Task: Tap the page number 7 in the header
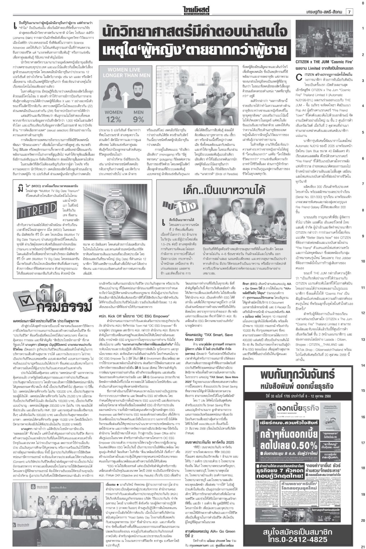[349, 12]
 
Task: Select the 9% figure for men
[139, 119]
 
